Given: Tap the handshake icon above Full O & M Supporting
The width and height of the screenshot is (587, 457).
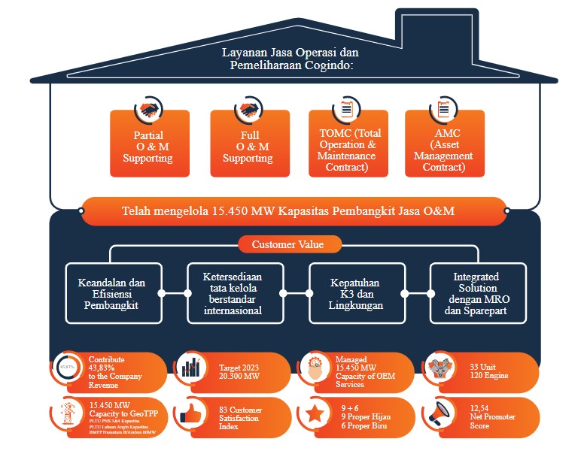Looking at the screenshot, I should coord(247,110).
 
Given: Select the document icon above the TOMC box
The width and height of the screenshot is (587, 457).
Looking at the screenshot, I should coord(347,109).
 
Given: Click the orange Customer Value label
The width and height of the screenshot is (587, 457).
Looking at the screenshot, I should coord(290,244).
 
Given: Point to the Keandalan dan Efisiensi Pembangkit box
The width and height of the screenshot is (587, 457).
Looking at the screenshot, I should coord(111,294).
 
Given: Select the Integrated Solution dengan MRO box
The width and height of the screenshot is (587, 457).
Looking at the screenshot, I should coord(476,292).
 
